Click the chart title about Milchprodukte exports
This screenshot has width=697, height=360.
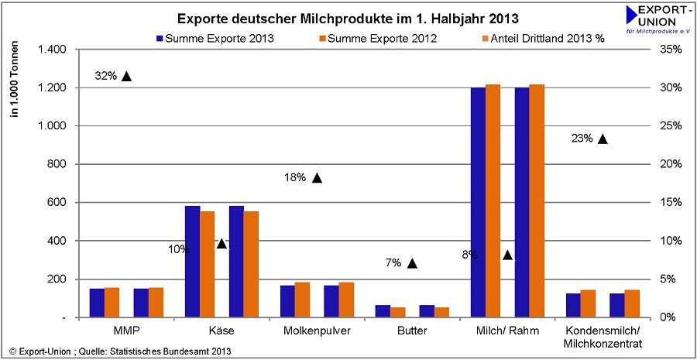tap(348, 18)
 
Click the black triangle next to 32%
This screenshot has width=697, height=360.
tap(126, 76)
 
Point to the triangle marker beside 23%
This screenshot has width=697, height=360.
tap(603, 139)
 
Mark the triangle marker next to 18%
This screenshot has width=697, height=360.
tap(316, 177)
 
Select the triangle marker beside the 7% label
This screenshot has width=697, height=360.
tap(412, 263)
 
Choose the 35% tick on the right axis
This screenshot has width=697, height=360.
tap(671, 50)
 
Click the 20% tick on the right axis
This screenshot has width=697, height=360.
tap(671, 164)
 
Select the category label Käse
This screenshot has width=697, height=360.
tap(222, 331)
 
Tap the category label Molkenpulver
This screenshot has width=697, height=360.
tap(318, 331)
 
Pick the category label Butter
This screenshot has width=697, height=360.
tap(412, 331)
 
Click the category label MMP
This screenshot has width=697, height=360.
tap(127, 331)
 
